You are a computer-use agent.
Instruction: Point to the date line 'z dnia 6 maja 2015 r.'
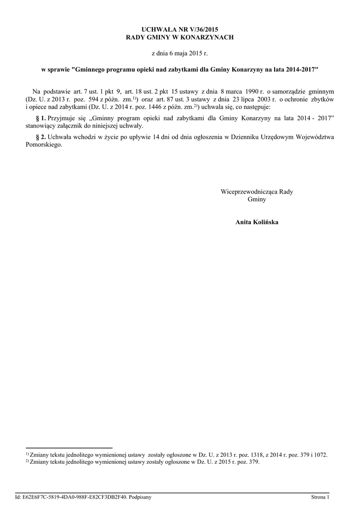[x=179, y=52]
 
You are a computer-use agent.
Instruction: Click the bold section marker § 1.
[x=41, y=118]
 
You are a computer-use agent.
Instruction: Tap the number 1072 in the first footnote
[x=320, y=454]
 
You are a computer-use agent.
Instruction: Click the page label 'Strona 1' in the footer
[x=320, y=497]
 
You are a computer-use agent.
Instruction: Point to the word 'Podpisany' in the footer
[x=140, y=497]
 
